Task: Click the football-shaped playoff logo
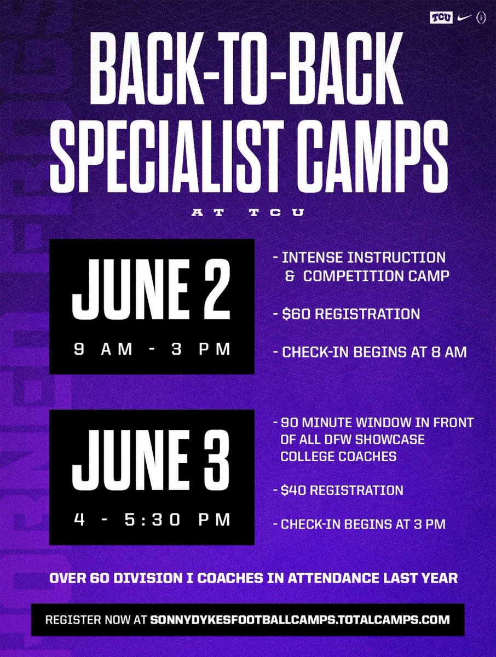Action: (481, 17)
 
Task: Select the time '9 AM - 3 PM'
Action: (152, 349)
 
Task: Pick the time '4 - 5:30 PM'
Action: (152, 519)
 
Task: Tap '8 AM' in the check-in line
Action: (448, 352)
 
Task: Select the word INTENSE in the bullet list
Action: (314, 256)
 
